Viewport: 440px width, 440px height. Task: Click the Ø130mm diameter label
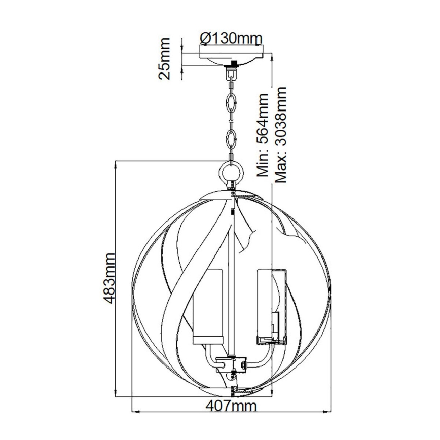[231, 38]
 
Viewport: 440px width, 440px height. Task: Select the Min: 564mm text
[263, 134]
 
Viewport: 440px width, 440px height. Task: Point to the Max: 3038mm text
[280, 134]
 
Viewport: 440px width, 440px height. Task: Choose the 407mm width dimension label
[232, 406]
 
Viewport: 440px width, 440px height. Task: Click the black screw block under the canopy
[234, 64]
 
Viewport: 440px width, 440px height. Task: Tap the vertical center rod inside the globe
[231, 279]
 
